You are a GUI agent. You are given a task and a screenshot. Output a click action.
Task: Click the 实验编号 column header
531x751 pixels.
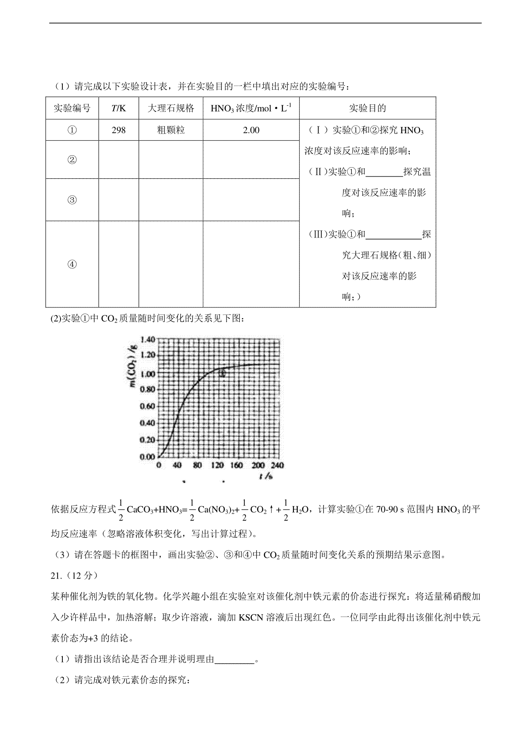point(72,108)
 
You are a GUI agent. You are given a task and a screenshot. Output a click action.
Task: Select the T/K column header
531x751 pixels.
point(119,108)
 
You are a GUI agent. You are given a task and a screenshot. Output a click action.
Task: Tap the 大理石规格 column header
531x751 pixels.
point(171,108)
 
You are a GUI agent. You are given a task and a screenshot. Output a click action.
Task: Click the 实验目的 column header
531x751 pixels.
point(367,108)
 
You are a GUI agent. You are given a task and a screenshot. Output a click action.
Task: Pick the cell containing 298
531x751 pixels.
point(119,130)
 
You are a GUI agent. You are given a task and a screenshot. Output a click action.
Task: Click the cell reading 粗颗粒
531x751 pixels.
point(171,130)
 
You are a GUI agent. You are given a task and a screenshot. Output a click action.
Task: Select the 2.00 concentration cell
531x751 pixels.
point(251,130)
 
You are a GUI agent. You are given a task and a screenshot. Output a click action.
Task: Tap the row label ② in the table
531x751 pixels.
point(72,160)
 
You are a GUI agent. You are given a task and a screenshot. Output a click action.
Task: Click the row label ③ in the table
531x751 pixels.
point(72,200)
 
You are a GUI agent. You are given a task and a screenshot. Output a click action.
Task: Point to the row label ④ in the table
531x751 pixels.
point(72,264)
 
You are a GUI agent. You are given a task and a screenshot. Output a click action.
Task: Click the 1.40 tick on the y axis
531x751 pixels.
point(147,340)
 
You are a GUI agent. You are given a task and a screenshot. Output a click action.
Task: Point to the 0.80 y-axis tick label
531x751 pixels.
point(147,390)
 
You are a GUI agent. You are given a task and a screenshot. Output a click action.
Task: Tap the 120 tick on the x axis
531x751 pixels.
point(217,465)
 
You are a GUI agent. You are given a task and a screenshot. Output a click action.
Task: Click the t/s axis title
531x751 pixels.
point(266,476)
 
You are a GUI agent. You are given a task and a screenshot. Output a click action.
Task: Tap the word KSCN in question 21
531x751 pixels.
point(251,618)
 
